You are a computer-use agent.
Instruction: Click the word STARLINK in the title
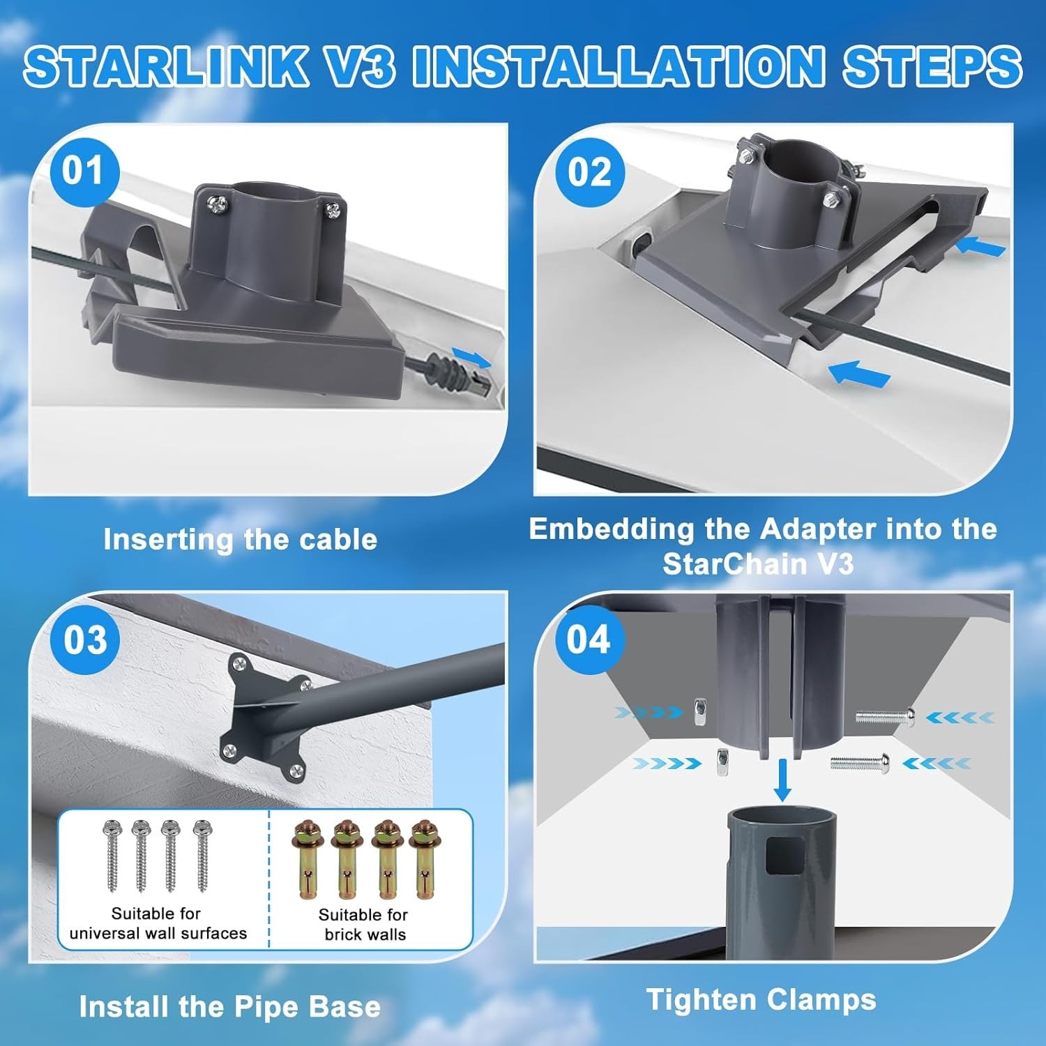[167, 66]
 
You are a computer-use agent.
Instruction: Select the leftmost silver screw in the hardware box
[112, 856]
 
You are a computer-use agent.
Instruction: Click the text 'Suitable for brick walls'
[363, 925]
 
